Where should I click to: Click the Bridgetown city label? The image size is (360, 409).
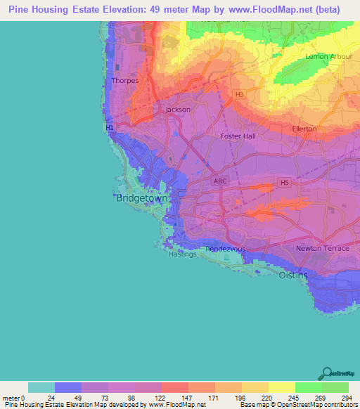[142, 199]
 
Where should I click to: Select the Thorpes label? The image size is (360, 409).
[124, 81]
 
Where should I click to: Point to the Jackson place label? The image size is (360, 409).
[178, 110]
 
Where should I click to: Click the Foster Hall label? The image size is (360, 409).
[238, 136]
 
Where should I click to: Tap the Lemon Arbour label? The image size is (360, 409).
[326, 57]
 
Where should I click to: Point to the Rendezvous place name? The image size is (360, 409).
[224, 249]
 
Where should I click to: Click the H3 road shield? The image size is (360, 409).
[240, 93]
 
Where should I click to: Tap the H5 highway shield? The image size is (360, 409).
[284, 183]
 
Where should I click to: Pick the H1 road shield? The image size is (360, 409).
[109, 128]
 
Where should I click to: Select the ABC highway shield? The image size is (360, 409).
[220, 181]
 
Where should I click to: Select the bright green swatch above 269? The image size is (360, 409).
[308, 387]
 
